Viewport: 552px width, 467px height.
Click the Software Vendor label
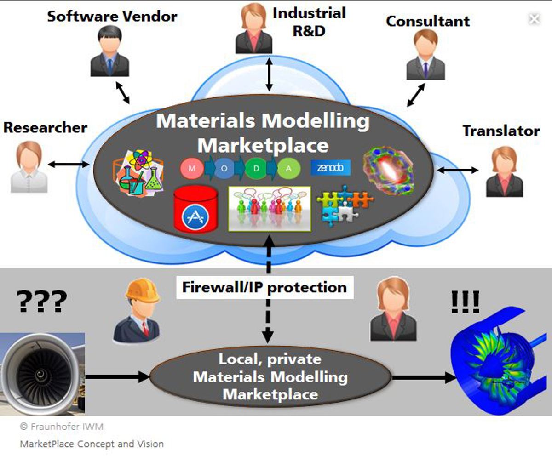(x=112, y=17)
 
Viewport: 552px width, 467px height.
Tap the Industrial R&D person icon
(x=253, y=29)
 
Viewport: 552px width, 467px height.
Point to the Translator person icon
(x=504, y=172)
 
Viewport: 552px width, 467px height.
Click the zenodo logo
(x=330, y=168)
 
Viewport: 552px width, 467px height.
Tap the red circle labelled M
(x=192, y=169)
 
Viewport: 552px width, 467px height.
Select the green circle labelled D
(x=256, y=169)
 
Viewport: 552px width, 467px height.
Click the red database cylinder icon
(x=195, y=209)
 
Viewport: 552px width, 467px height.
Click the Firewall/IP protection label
(x=264, y=288)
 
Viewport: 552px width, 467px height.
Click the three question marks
(x=42, y=302)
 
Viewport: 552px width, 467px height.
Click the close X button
(x=534, y=19)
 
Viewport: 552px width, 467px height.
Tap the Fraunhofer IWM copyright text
(x=62, y=427)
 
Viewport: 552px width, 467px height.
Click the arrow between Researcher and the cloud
(x=68, y=164)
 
